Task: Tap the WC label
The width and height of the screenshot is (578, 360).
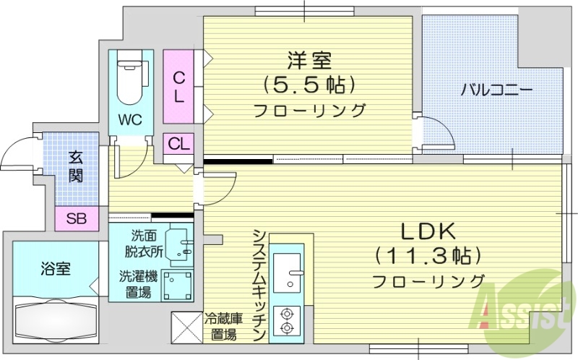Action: [131, 119]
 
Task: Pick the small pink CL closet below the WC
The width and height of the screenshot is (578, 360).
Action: [178, 143]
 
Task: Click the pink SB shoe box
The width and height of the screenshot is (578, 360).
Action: [74, 218]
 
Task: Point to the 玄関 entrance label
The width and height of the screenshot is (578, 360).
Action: [74, 166]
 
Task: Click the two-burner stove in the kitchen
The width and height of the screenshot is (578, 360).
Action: [288, 320]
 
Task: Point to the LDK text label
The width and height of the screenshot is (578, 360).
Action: [428, 232]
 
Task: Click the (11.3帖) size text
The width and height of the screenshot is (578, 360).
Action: [428, 256]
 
